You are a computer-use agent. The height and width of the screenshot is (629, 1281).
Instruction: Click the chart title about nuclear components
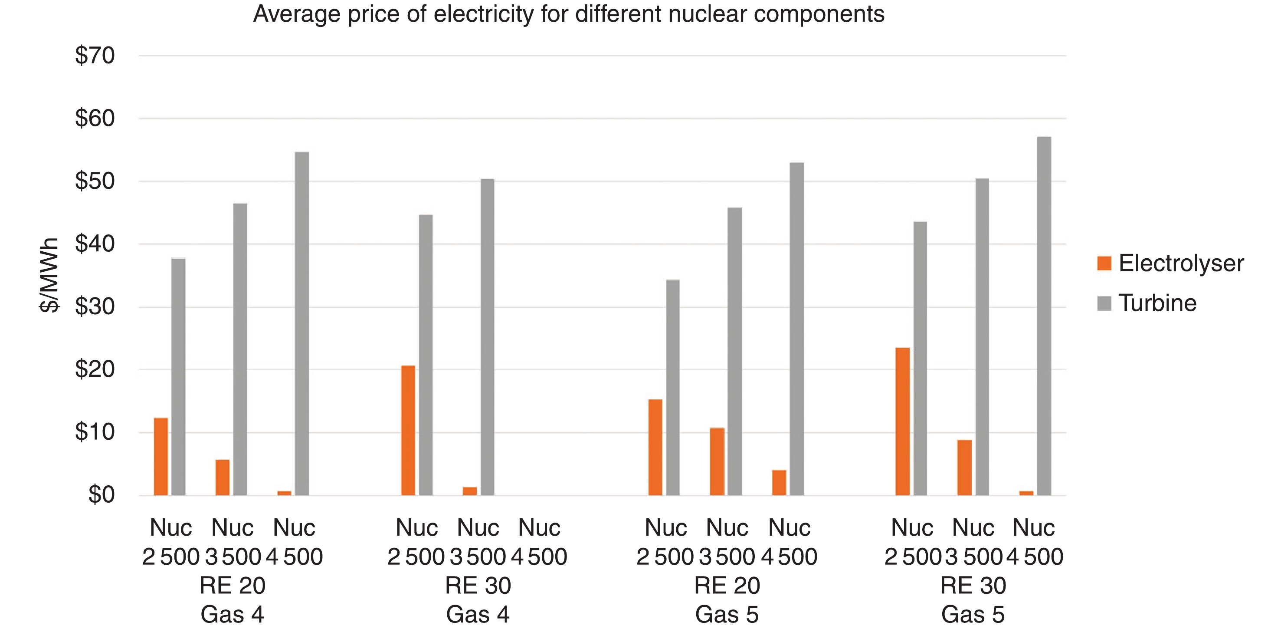pos(568,14)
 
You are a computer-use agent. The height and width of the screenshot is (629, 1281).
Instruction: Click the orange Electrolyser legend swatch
pos(1104,263)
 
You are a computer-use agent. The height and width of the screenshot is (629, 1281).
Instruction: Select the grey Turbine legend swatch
pos(1104,303)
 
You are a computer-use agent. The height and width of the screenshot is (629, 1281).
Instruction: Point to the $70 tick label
pos(95,55)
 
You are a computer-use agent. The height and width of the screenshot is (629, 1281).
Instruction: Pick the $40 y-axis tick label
pos(95,244)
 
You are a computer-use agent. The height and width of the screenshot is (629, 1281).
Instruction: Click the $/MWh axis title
pos(49,275)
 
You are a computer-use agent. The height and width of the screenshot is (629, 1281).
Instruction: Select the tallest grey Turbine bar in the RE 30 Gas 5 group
pos(1044,316)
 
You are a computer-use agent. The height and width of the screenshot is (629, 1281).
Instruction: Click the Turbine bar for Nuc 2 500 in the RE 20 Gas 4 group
pos(178,377)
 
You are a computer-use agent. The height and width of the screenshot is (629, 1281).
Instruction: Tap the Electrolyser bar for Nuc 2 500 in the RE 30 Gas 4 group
pos(408,431)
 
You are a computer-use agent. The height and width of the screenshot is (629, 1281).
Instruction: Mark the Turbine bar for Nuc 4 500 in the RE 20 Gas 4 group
pos(301,323)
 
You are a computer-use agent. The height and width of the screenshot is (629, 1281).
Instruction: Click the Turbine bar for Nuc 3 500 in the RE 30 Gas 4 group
pos(487,337)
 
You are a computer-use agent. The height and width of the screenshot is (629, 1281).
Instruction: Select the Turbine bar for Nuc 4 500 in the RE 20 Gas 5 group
pos(796,329)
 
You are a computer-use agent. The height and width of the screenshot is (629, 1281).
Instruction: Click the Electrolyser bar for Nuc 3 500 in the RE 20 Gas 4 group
pos(222,477)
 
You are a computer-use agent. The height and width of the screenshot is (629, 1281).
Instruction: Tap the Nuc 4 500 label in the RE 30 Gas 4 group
pos(539,542)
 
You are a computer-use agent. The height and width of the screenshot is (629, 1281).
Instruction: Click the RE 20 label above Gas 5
pos(727,586)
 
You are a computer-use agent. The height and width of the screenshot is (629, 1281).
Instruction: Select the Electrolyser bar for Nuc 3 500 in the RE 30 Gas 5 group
pos(964,467)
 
